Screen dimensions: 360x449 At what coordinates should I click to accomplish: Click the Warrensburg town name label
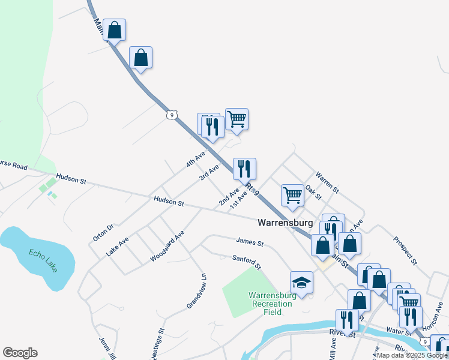coord(285,223)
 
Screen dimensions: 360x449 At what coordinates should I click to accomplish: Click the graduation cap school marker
coord(302,282)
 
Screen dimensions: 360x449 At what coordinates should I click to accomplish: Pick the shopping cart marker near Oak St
coord(292,195)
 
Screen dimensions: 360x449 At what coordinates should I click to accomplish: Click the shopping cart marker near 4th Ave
coord(237,119)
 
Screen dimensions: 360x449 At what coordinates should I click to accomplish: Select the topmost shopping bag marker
coord(114,29)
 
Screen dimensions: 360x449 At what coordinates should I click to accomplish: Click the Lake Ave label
coord(118,247)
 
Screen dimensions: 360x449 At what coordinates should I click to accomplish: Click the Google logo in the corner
coord(20,353)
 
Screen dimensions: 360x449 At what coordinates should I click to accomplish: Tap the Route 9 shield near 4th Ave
coord(172,113)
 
